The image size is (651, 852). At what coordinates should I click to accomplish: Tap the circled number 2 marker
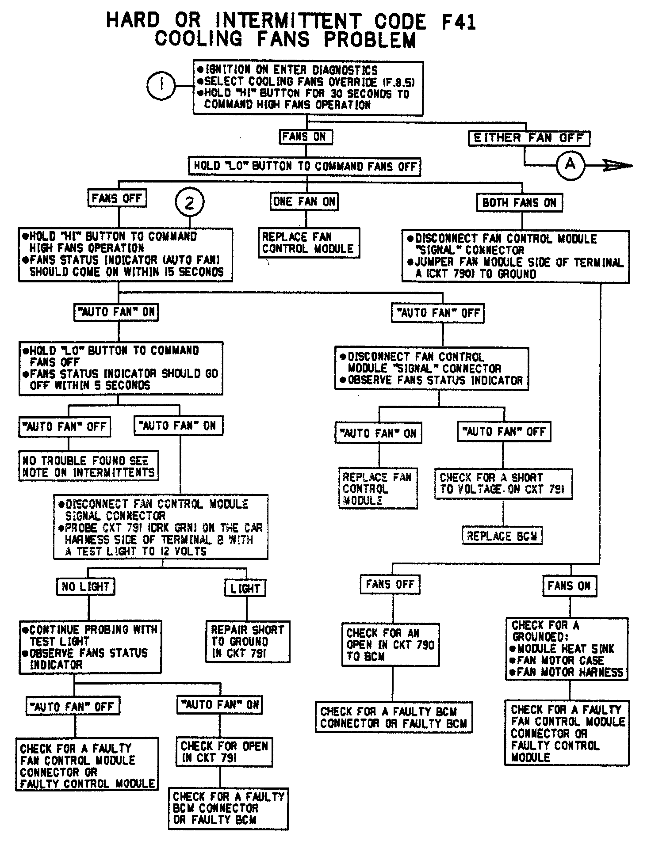point(189,203)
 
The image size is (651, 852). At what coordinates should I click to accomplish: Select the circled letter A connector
point(570,165)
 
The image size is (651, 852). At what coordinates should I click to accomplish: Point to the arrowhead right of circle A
point(619,166)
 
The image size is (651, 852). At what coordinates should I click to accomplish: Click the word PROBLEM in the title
point(370,40)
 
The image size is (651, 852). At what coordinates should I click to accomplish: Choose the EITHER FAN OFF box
point(529,138)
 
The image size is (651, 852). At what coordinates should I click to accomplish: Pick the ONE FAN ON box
point(304,202)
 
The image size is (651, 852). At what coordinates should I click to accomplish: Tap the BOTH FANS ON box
point(519,203)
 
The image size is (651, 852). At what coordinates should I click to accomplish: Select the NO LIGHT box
point(86,586)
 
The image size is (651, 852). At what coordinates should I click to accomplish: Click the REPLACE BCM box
point(502,536)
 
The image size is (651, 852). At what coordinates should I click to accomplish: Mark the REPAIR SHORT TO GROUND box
point(247,641)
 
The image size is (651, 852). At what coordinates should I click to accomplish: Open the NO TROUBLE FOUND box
point(88,466)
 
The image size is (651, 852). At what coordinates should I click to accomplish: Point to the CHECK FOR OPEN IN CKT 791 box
point(224,752)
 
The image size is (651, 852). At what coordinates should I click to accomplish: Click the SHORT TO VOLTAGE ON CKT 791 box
point(503,483)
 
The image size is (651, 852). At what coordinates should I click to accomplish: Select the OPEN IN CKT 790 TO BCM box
point(391,644)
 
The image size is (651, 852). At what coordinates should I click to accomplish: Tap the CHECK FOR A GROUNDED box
point(567,649)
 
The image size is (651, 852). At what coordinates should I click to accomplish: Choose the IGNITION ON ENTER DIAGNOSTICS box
point(308,88)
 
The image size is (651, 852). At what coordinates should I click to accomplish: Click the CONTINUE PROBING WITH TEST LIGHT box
point(90,647)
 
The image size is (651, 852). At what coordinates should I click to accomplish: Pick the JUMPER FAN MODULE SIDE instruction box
point(515,256)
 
